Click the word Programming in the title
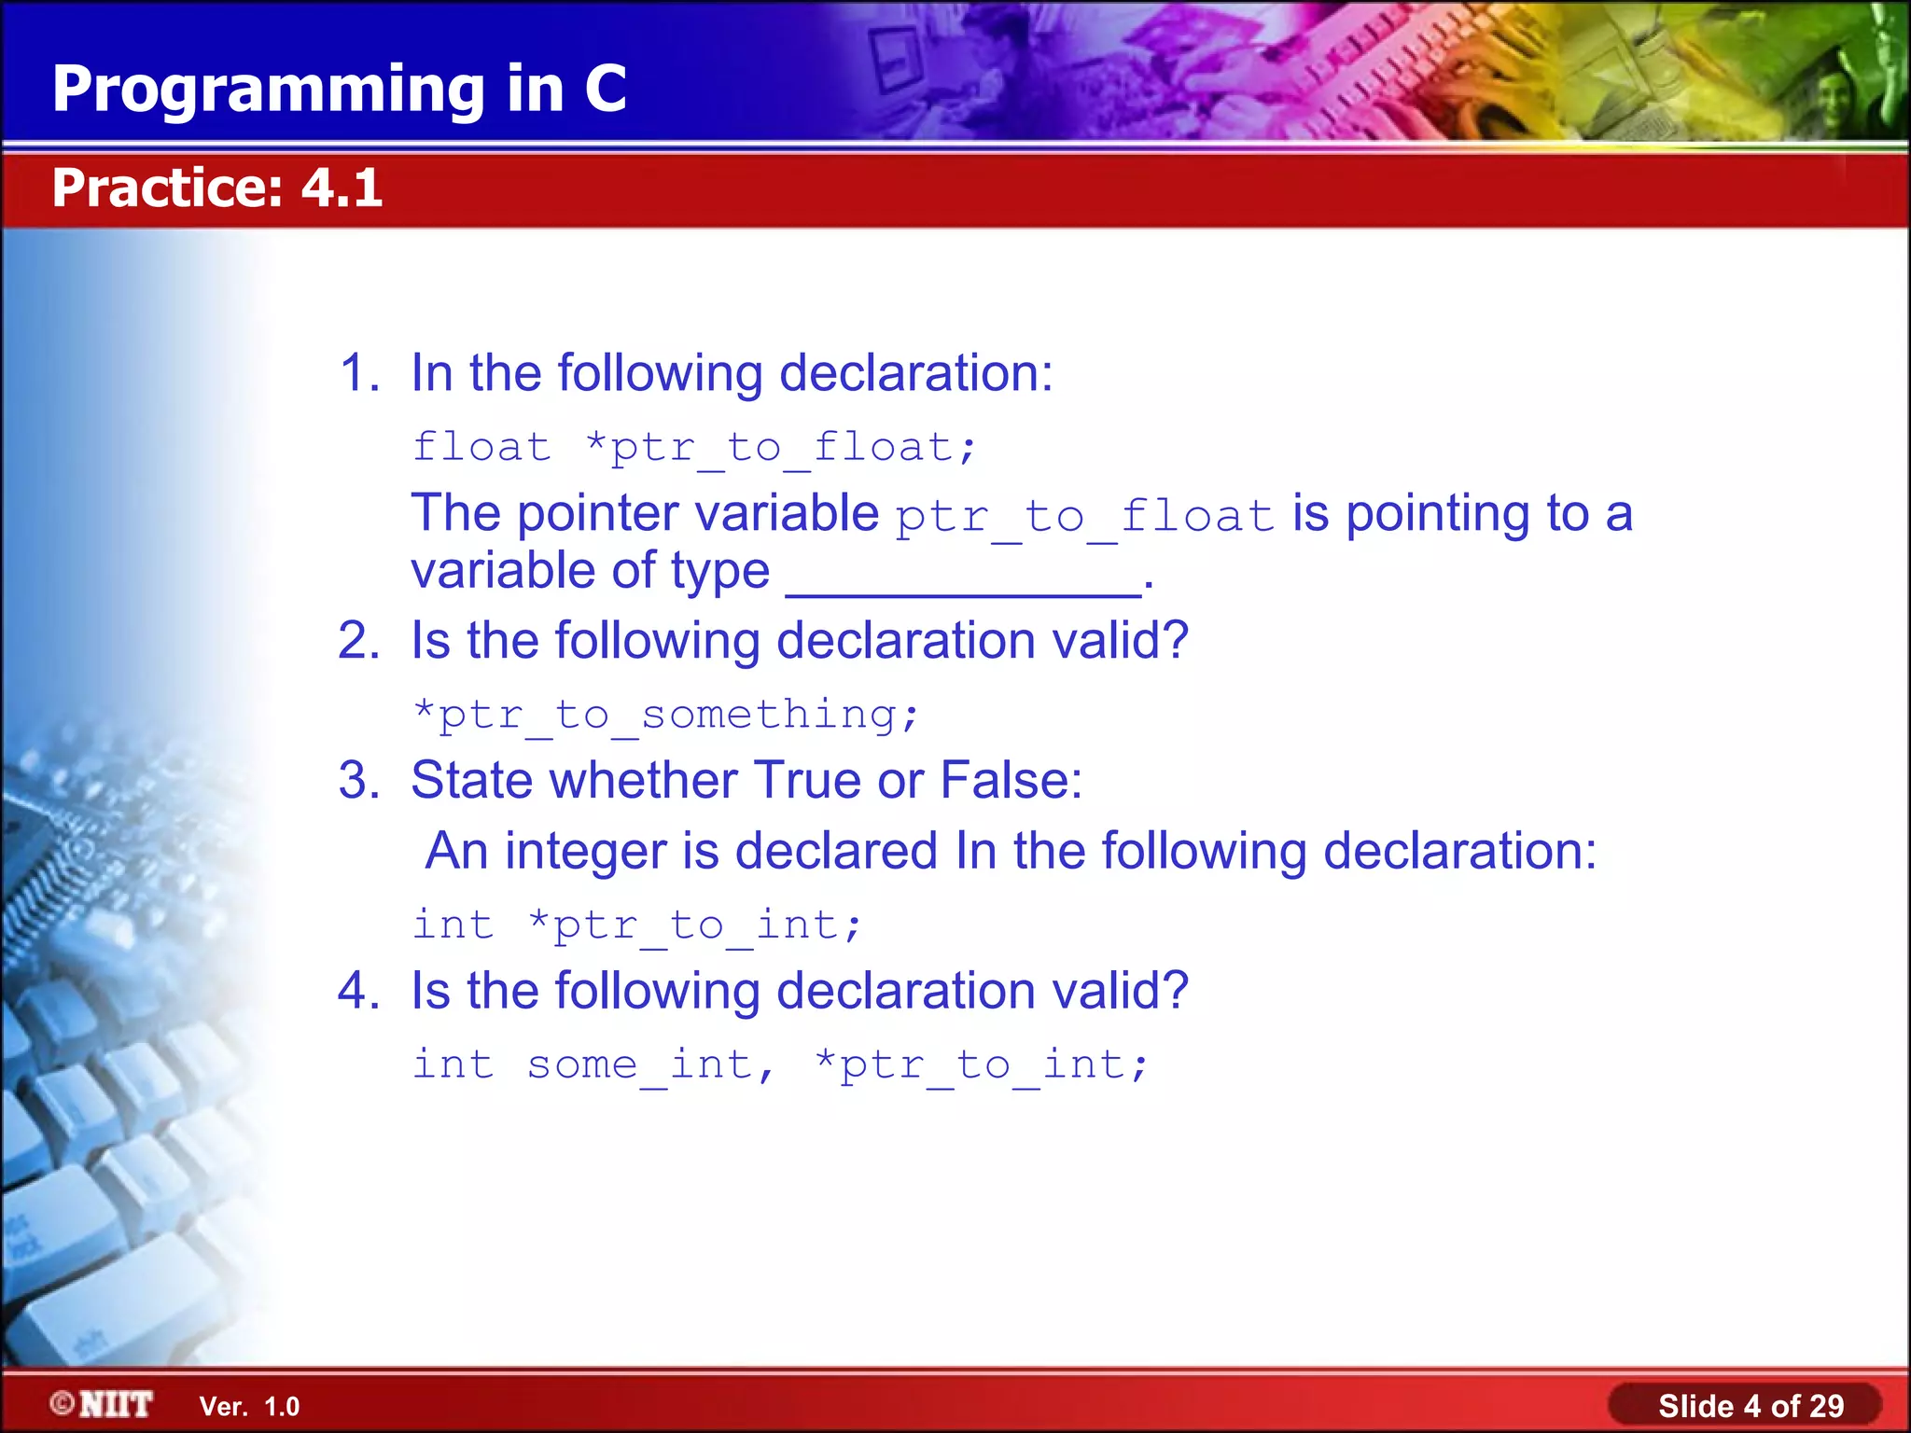pos(269,90)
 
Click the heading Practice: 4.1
pos(216,188)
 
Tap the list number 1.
pos(358,373)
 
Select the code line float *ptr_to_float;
pos(694,448)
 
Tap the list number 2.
pos(358,641)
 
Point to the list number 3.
pos(358,780)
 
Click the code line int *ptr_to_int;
pos(637,925)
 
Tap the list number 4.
pos(358,991)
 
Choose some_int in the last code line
pos(640,1065)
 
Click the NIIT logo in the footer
pos(103,1404)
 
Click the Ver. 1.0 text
pos(249,1407)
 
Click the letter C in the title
pos(605,90)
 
